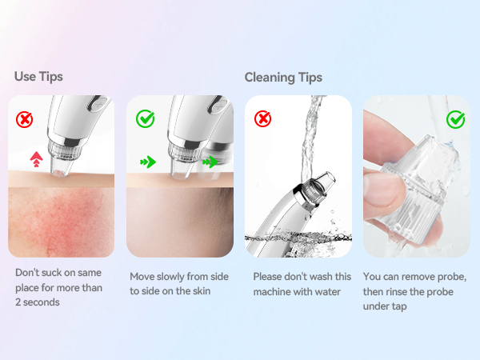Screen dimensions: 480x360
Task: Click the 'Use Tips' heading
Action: click(38, 77)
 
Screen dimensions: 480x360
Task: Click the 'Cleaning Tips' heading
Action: click(283, 78)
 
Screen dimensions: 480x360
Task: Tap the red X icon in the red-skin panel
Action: click(24, 119)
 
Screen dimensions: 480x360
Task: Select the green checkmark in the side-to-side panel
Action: click(145, 118)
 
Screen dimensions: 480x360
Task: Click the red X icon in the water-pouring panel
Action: click(262, 118)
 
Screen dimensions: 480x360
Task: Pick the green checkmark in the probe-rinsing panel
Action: click(455, 119)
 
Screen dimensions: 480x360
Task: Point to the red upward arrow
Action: click(37, 159)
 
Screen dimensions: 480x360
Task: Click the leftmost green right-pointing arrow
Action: click(148, 162)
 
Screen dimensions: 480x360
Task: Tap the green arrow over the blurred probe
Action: click(210, 162)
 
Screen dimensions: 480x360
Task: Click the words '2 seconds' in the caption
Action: click(38, 302)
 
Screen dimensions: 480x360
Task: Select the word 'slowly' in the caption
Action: click(170, 277)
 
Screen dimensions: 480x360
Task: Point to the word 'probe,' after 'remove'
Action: click(452, 277)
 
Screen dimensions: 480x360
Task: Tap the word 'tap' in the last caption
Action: click(398, 306)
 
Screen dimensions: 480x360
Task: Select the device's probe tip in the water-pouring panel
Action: click(324, 181)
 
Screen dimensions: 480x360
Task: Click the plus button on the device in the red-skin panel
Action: click(98, 104)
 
